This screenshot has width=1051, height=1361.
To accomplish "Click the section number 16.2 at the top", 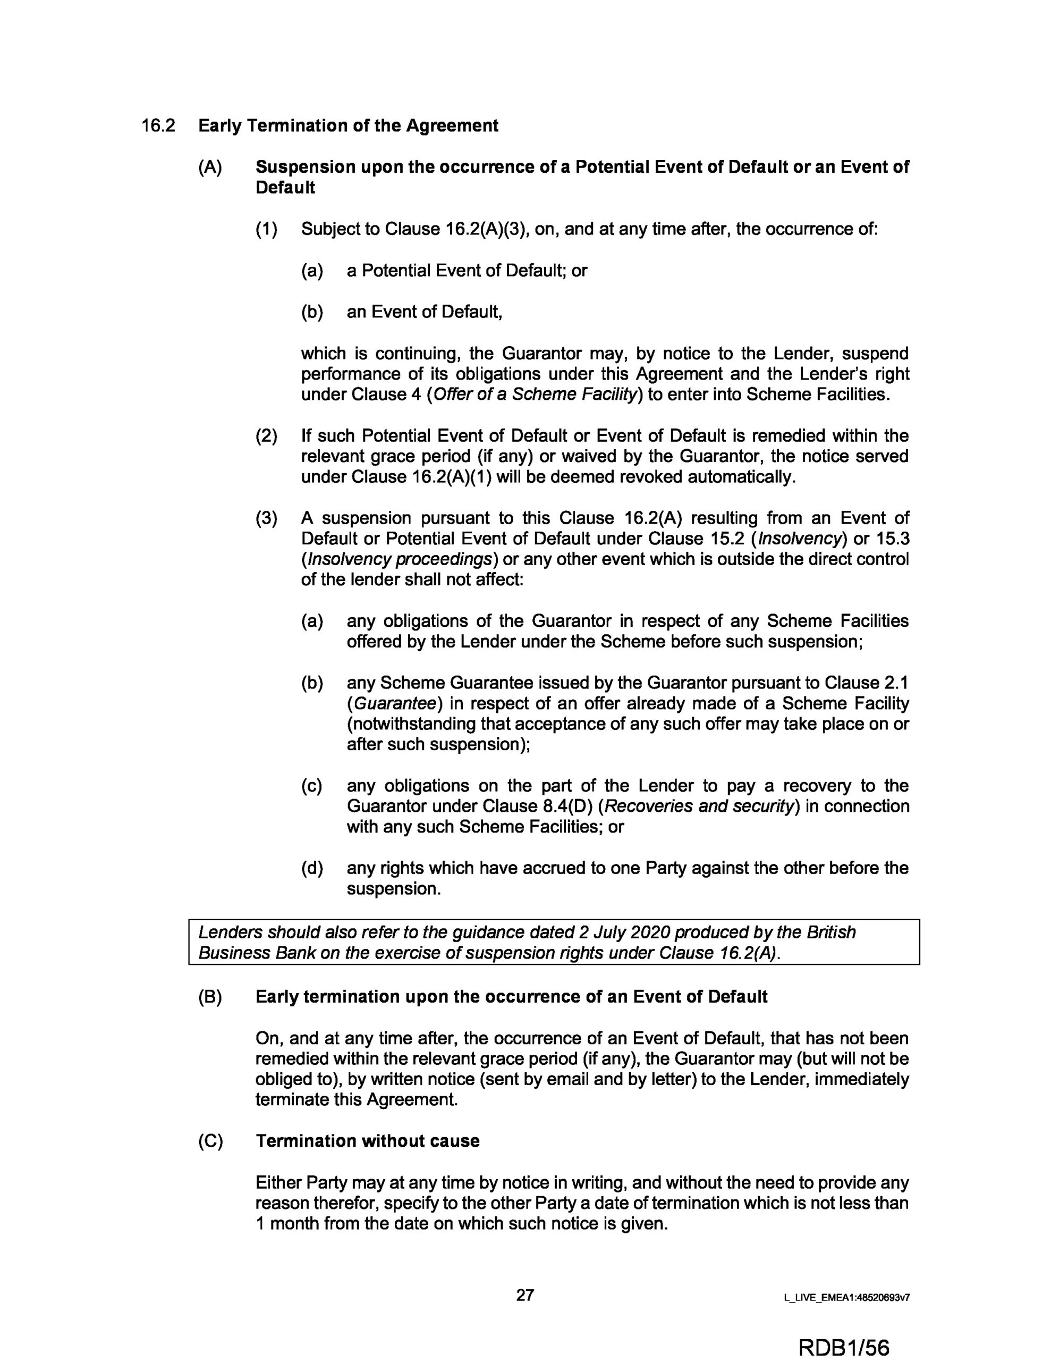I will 158,126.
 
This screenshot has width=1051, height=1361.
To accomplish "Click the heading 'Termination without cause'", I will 368,1141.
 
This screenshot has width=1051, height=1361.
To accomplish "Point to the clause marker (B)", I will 210,997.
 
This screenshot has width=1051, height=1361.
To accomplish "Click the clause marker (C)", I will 210,1141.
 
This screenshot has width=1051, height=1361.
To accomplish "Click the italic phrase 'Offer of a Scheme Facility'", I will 535,394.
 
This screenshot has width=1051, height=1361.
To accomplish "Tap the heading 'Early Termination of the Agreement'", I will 348,126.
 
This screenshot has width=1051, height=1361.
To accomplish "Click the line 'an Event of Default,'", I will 424,312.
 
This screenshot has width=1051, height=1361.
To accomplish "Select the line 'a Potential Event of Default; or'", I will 467,271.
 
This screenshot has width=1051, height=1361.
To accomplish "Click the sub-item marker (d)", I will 312,868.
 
